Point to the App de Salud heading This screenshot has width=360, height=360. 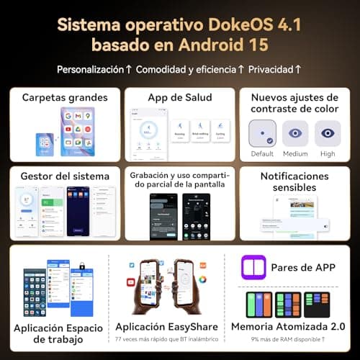pyautogui.click(x=179, y=97)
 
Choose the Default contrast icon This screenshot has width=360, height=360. pyautogui.click(x=261, y=133)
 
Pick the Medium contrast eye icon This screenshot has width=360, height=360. pyautogui.click(x=295, y=133)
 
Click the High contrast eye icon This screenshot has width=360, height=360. pyautogui.click(x=328, y=133)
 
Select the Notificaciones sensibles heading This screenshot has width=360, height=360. pyautogui.click(x=294, y=181)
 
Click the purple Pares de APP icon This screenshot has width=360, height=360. pyautogui.click(x=253, y=267)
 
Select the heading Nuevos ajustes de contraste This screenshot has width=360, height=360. pyautogui.click(x=294, y=103)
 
